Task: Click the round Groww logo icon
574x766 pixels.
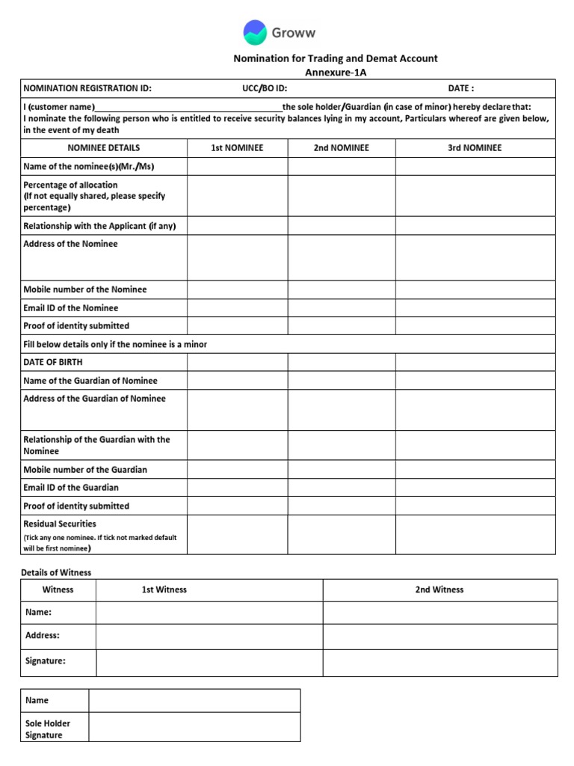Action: pos(255,33)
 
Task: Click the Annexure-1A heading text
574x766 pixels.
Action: pos(336,73)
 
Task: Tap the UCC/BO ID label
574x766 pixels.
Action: pos(265,88)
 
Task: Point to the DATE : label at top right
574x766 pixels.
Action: pos(461,88)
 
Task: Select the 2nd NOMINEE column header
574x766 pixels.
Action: pos(341,148)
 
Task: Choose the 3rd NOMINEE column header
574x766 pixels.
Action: pos(475,148)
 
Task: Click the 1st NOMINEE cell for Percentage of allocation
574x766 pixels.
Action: pos(237,196)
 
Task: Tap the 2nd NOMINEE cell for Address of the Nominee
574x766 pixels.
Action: pos(341,257)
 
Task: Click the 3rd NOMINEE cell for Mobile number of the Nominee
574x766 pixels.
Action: pos(475,289)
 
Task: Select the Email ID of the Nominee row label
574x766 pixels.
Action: pos(71,308)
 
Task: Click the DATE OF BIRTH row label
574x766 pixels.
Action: pos(53,362)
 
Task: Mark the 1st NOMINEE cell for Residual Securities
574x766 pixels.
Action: pos(237,535)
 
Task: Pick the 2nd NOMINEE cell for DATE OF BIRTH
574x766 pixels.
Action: pos(341,362)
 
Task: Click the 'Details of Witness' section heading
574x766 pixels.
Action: pos(57,573)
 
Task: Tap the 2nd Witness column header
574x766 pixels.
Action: pos(439,590)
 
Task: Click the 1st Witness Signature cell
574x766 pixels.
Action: pos(209,662)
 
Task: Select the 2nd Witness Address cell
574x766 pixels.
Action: pos(439,637)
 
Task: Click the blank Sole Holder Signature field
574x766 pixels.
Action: pos(194,727)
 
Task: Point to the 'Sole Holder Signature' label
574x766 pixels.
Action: pos(47,729)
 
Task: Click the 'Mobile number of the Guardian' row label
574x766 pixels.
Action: pos(85,470)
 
